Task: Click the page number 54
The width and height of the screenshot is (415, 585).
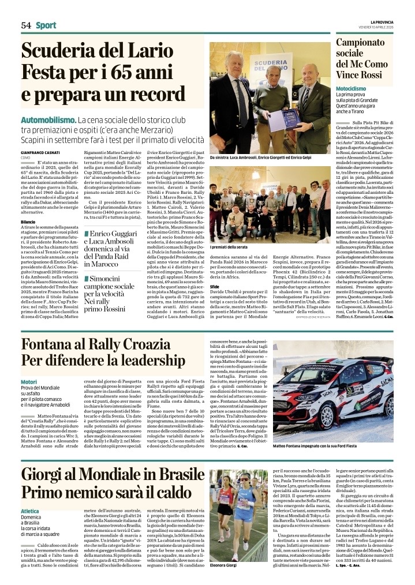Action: [x=25, y=25]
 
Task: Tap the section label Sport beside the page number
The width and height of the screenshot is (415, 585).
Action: [x=46, y=25]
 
